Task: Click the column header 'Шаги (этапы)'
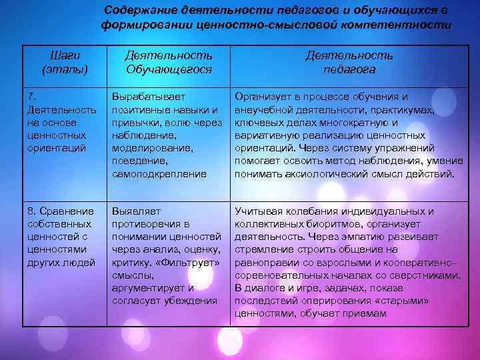click(63, 62)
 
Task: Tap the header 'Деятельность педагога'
click(349, 62)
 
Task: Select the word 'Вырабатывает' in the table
click(149, 97)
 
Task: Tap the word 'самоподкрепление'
click(159, 174)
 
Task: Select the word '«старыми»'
click(405, 301)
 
